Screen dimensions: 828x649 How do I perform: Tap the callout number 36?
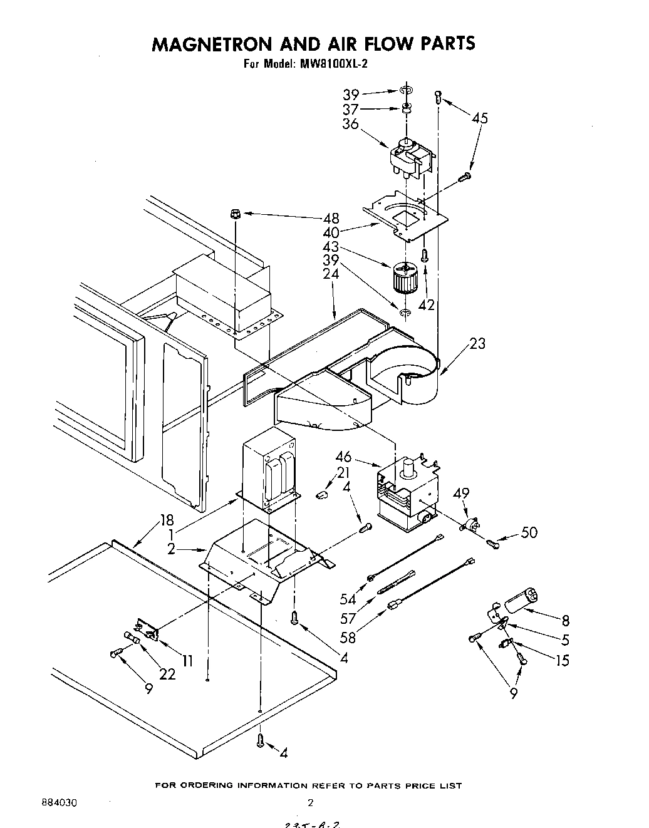click(350, 124)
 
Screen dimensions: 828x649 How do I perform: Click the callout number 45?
click(480, 118)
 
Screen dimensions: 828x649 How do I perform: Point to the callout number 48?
click(331, 219)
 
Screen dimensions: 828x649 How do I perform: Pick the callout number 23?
click(477, 344)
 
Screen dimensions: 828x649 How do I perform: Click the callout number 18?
click(166, 520)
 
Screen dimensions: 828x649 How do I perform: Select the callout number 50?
click(529, 533)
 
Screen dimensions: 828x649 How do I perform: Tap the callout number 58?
click(349, 638)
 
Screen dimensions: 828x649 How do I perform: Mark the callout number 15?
click(563, 660)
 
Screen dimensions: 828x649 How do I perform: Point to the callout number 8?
click(565, 621)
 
